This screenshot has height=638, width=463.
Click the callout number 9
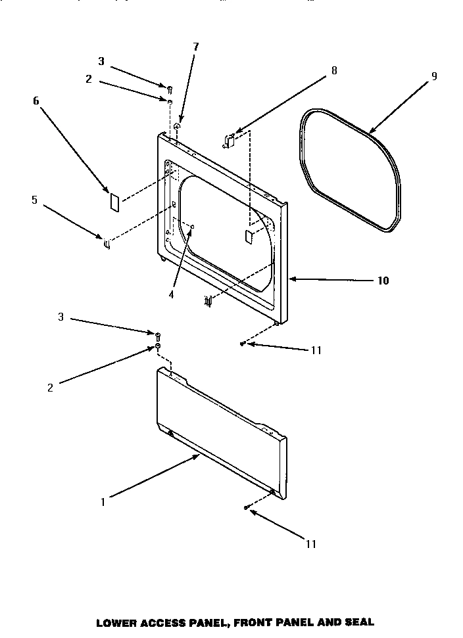pos(434,76)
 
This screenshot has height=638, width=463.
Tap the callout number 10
pos(382,281)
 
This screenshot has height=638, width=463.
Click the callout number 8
pos(334,71)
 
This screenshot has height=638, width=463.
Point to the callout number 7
pos(195,47)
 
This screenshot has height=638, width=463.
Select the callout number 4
pos(171,295)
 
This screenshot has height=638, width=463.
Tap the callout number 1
pos(103,503)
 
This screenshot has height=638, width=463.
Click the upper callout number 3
pos(101,61)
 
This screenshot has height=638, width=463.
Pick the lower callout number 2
pos(50,388)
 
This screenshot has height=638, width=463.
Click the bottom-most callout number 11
pos(311,543)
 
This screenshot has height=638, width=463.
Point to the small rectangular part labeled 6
pos(113,202)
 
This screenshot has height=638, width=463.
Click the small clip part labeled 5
pos(105,244)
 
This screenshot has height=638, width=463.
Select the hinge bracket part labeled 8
pos(229,139)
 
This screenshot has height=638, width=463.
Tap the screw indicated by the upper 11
pos(243,343)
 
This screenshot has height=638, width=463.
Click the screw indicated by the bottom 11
pos(246,507)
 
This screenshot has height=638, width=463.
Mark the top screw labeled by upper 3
pos(169,88)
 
